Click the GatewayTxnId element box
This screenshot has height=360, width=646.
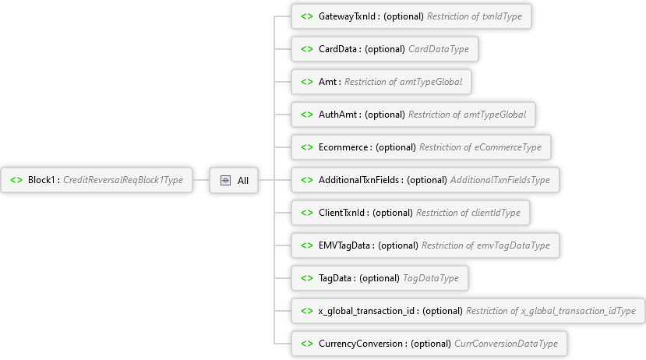pos(411,16)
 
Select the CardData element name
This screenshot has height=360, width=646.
pos(337,49)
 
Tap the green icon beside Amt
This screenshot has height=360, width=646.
pos(307,82)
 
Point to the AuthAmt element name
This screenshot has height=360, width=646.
pos(337,115)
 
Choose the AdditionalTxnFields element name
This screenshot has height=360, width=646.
pos(358,180)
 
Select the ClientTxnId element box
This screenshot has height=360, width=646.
pos(411,213)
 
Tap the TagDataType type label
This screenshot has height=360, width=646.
pos(430,278)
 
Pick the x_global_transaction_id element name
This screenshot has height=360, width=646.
pos(366,311)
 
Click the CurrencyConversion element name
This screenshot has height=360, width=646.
pos(361,344)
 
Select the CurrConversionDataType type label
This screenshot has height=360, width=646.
pos(506,344)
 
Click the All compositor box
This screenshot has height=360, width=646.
pos(234,180)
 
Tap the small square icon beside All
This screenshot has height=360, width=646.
pos(225,181)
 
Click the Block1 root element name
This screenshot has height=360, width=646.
pos(41,180)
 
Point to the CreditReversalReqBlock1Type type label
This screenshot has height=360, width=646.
pos(123,181)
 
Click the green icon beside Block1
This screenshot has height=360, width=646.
pos(16,180)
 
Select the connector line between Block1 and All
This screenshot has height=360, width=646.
pos(201,180)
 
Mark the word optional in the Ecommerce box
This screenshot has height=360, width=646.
pos(396,147)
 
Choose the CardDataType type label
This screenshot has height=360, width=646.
pos(439,49)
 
